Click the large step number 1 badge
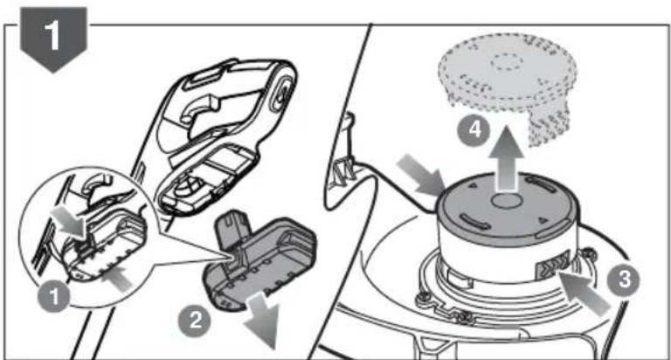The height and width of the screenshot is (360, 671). [x=53, y=38]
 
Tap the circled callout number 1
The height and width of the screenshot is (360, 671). [x=54, y=296]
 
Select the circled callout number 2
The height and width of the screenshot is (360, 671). [x=196, y=320]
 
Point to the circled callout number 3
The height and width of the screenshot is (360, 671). [x=625, y=280]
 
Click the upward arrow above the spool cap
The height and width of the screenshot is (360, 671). [x=506, y=158]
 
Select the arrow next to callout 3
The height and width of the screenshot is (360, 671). [x=585, y=294]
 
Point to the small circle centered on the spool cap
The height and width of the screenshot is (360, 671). [x=505, y=200]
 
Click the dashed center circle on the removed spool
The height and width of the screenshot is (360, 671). [x=507, y=62]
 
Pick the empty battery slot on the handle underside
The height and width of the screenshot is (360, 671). [x=206, y=179]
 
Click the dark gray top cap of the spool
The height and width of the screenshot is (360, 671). [x=505, y=209]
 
